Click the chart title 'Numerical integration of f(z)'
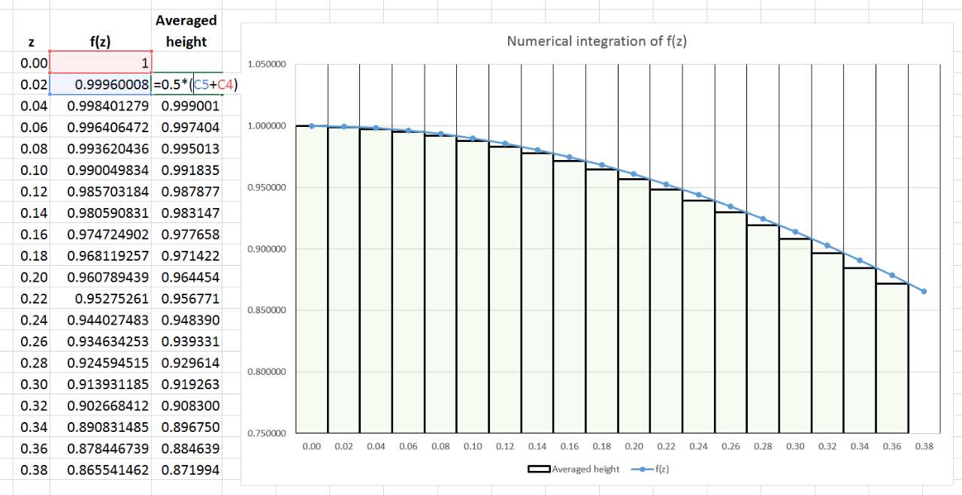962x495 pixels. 597,41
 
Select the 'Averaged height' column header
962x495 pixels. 186,31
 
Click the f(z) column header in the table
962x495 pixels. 100,42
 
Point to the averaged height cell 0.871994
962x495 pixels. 190,469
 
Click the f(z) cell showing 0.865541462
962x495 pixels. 108,469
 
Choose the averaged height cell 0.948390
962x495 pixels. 190,320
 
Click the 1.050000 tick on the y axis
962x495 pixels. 266,65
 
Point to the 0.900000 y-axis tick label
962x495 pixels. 266,249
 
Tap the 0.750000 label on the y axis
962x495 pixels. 266,433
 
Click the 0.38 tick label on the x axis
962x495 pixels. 924,446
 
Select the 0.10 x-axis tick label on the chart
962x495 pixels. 473,446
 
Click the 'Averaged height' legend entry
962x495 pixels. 574,469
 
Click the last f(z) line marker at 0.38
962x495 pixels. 924,291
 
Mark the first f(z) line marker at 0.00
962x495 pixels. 312,126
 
